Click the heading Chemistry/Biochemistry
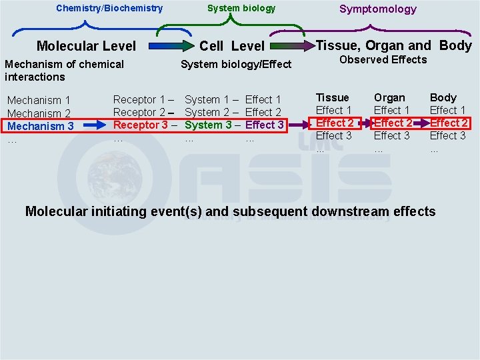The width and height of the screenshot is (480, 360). click(109, 8)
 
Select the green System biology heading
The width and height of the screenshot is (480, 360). click(241, 8)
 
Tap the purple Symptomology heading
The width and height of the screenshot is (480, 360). click(377, 9)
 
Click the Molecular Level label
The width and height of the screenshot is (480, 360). click(86, 46)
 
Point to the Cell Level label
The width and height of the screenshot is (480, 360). click(232, 46)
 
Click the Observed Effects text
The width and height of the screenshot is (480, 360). click(383, 60)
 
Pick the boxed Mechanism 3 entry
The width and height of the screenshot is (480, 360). click(41, 126)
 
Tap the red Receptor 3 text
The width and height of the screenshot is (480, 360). click(140, 125)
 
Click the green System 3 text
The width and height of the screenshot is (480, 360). click(208, 125)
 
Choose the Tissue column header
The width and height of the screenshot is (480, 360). click(332, 97)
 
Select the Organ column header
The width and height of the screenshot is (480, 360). click(389, 97)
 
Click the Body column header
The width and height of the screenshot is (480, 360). click(443, 97)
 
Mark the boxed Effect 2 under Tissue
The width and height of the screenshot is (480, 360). click(335, 123)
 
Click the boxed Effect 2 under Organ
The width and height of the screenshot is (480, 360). click(393, 123)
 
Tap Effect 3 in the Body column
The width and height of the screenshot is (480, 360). click(447, 135)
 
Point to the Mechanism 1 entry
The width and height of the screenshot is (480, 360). click(39, 101)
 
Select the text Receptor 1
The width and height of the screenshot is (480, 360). click(140, 99)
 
